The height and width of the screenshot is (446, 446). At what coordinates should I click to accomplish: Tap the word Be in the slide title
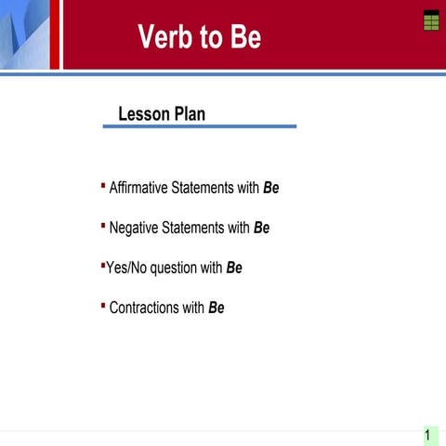[243, 37]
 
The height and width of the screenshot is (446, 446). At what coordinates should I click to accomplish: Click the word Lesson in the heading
[144, 113]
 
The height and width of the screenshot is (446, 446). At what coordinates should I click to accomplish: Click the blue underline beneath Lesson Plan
[199, 125]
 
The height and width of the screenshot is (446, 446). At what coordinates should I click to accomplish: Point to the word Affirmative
[139, 188]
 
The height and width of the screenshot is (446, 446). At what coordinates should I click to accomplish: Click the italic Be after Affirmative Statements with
[270, 188]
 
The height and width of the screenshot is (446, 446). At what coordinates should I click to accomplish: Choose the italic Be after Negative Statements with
[261, 228]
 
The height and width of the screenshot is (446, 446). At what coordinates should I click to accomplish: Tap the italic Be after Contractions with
[216, 308]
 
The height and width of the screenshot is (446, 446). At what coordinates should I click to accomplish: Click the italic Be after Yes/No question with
[233, 268]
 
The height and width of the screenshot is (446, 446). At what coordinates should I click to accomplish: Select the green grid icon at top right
[430, 21]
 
